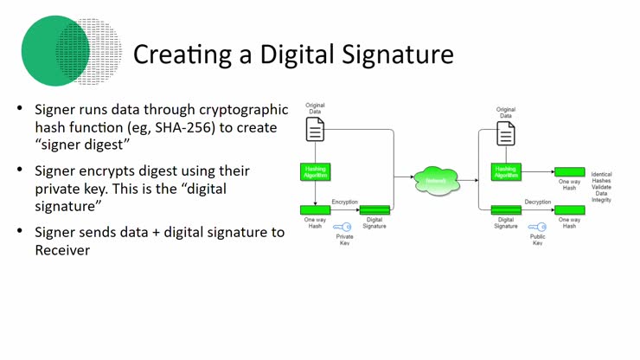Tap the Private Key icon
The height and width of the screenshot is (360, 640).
344,227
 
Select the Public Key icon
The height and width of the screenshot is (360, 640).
537,227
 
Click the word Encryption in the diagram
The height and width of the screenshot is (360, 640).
344,202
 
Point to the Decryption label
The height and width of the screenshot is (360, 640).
537,202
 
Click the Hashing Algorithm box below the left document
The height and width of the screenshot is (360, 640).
316,171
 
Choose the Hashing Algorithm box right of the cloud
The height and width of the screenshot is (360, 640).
507,171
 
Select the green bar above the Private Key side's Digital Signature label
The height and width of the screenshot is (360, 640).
374,209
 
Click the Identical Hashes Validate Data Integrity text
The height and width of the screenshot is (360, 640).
601,187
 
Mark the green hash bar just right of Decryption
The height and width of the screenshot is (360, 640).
569,209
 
